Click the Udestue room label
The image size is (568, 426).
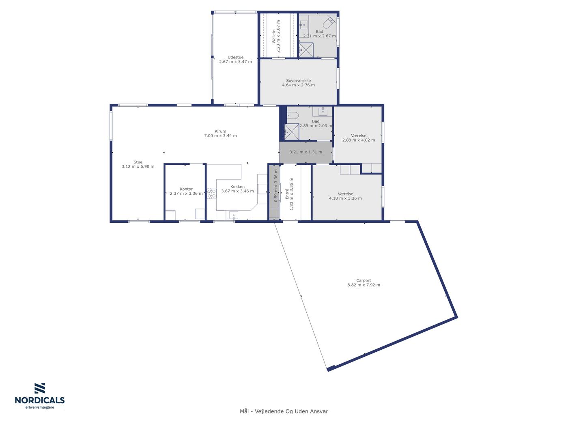pos(235,57)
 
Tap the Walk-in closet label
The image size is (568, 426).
pos(273,36)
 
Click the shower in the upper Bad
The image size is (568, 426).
pos(306,50)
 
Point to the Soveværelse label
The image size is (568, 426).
pos(298,80)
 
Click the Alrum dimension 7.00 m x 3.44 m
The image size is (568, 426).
pos(220,136)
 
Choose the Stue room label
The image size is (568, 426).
pos(138,162)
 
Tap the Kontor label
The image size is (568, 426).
pos(186,189)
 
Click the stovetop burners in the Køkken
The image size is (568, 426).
pos(211,194)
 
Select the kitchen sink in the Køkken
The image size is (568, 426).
pos(234,215)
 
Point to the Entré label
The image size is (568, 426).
pos(287,194)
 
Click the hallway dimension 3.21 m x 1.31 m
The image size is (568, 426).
pos(306,152)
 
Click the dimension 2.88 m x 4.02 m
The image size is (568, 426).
pos(358,140)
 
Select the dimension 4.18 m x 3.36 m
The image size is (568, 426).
pos(345,198)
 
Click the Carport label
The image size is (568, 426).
pos(363,280)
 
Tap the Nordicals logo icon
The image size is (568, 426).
pos(40,388)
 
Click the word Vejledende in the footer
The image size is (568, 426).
pos(269,411)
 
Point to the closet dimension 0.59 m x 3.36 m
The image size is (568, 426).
pos(276,186)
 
